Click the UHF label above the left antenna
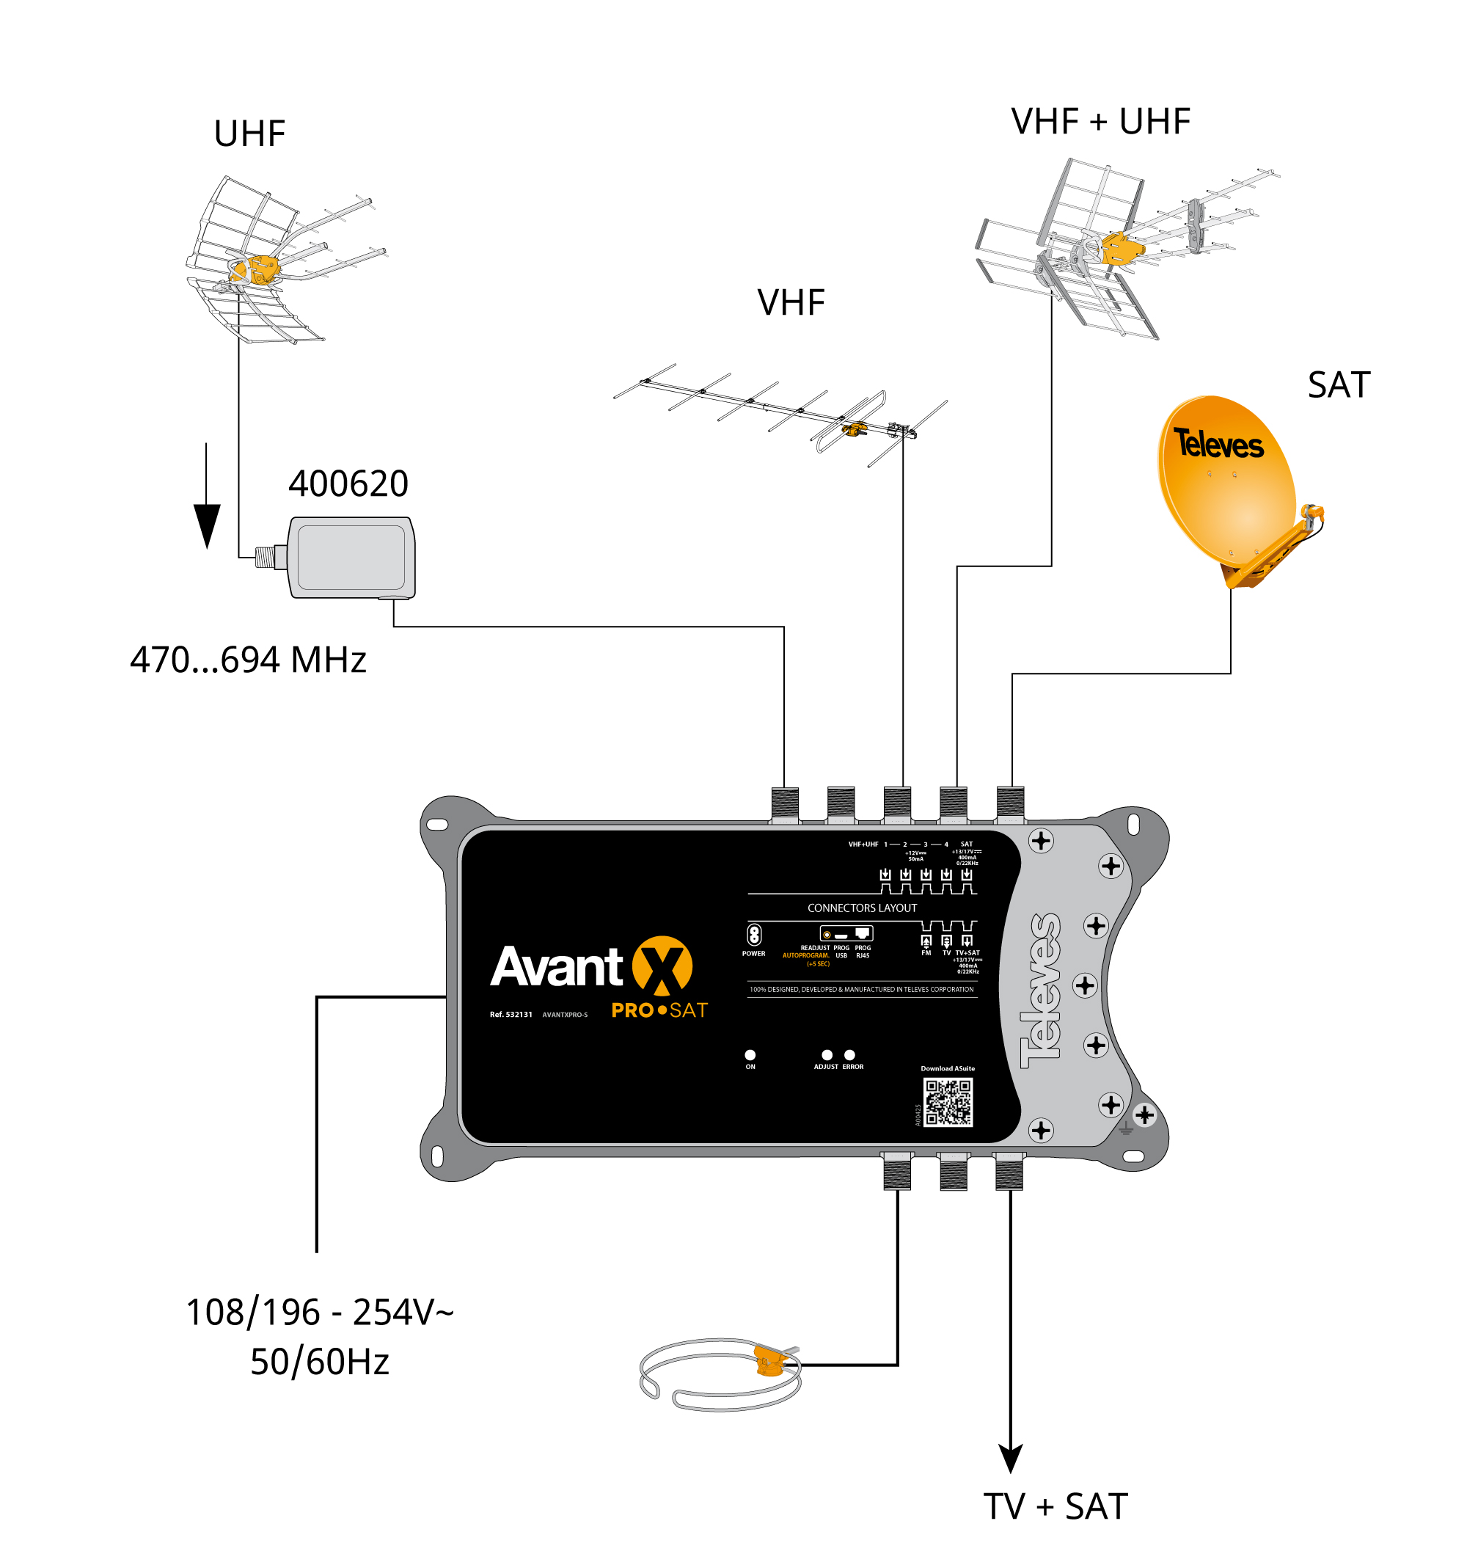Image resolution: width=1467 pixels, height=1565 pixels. (x=249, y=134)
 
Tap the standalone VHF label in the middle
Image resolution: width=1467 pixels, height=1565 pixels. (x=790, y=302)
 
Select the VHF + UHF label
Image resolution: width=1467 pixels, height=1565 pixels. (x=1100, y=122)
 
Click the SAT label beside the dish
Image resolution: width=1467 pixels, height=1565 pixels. (x=1338, y=385)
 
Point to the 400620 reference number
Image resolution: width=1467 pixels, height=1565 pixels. (x=348, y=484)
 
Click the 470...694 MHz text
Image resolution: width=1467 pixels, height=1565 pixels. (x=248, y=660)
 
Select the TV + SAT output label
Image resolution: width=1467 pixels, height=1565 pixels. (x=1055, y=1506)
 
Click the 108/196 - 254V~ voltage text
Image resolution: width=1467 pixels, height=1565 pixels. (x=320, y=1312)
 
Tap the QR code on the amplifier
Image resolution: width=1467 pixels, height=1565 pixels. (x=947, y=1102)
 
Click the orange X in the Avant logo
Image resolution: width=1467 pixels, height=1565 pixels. (x=662, y=965)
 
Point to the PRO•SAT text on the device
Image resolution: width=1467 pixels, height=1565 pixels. (x=659, y=1010)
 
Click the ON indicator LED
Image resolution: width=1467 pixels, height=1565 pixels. (x=750, y=1055)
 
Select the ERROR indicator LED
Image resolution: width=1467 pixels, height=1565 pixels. (x=849, y=1055)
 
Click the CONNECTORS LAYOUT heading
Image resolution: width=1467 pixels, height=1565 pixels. (x=862, y=908)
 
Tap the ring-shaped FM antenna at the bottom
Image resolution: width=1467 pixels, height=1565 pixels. (x=720, y=1373)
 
